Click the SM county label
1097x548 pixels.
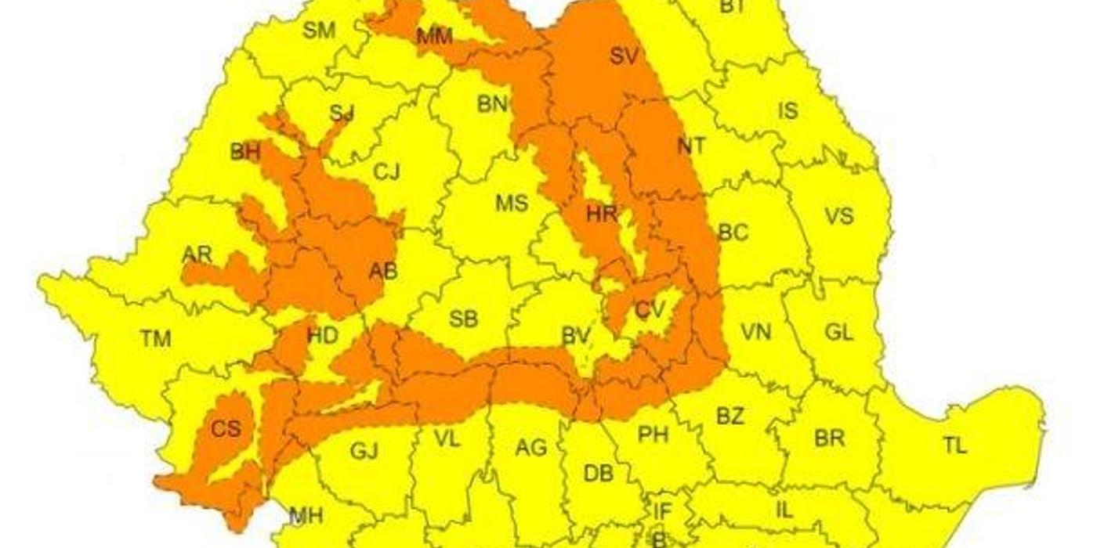tap(319, 31)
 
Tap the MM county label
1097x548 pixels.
tap(434, 36)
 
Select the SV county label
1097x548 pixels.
tap(624, 56)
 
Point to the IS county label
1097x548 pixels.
tap(787, 110)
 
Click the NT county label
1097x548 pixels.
tap(690, 146)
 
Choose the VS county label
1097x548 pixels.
tap(838, 215)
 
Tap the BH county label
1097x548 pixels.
tap(245, 153)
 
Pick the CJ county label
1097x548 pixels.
tap(386, 172)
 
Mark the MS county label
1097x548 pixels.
tap(511, 204)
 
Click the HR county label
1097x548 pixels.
tap(602, 213)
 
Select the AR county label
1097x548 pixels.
tap(197, 255)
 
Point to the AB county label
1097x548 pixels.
tap(382, 272)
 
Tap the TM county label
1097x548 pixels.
tap(155, 339)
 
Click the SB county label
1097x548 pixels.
tap(463, 319)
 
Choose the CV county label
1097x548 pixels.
tap(650, 310)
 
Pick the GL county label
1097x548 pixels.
tap(838, 332)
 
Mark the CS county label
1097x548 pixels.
tap(226, 429)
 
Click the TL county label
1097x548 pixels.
tap(954, 446)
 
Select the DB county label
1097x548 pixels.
tap(599, 474)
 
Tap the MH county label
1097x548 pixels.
tap(306, 516)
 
